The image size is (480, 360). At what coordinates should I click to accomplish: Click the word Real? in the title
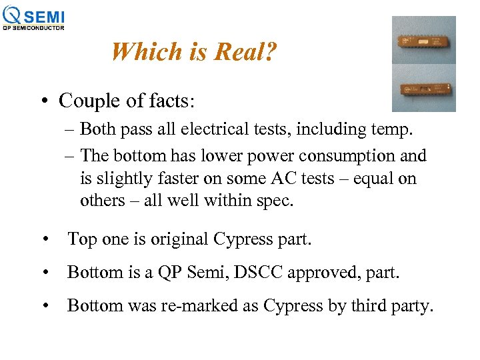click(x=243, y=51)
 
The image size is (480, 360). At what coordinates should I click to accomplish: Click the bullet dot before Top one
click(x=45, y=239)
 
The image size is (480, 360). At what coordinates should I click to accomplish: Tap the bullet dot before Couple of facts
click(x=42, y=101)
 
